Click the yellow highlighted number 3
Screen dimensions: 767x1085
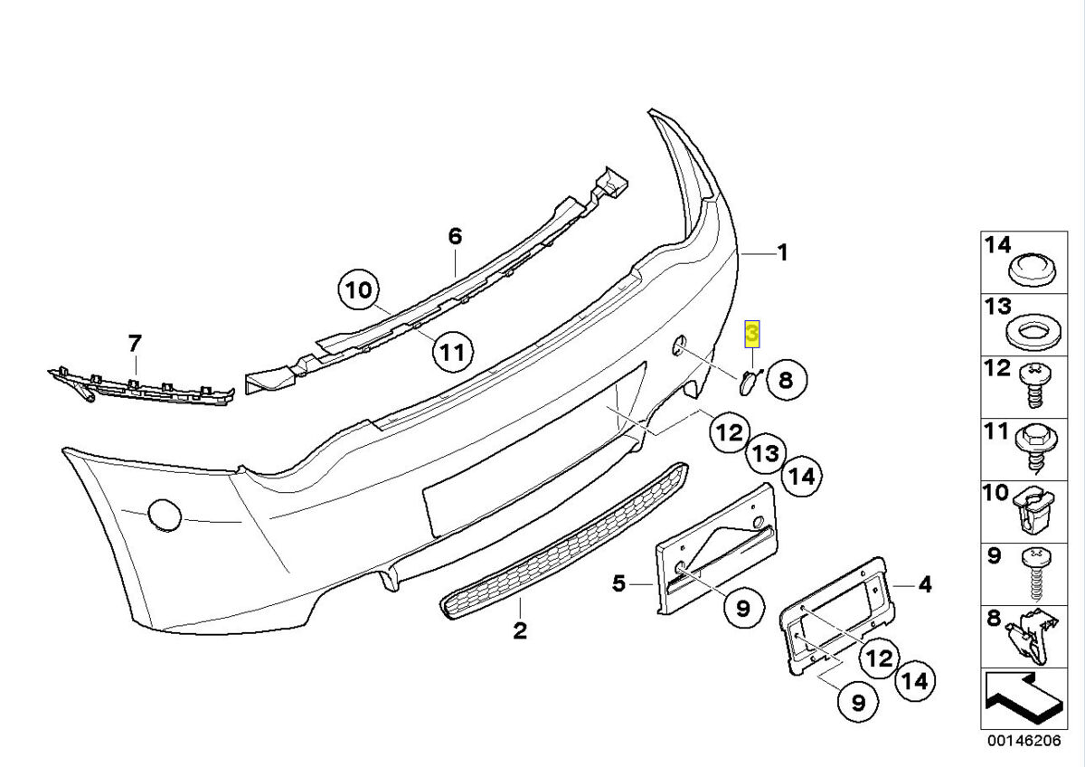pos(752,336)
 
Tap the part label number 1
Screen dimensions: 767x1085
pos(783,253)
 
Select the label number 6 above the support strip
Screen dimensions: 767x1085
pos(455,237)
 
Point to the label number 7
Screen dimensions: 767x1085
pos(135,344)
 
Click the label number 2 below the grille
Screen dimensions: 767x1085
pos(520,630)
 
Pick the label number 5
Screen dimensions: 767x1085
pos(618,583)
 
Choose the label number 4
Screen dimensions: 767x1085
pos(924,585)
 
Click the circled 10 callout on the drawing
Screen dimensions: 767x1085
pos(359,291)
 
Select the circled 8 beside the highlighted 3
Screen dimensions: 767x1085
pos(785,380)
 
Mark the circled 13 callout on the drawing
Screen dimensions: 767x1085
pos(766,453)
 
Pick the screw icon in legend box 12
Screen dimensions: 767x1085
pos(1035,385)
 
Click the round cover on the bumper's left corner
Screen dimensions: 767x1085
pos(164,515)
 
